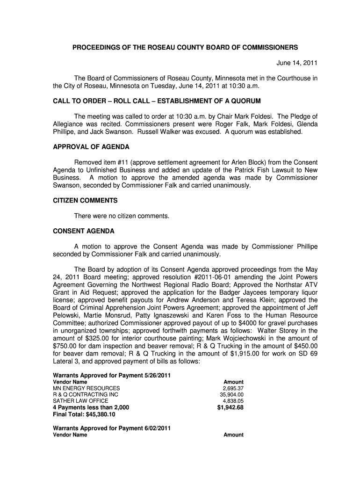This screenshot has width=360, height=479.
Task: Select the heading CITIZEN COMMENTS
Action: (x=85, y=200)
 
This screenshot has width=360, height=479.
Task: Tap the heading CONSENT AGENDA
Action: (x=84, y=231)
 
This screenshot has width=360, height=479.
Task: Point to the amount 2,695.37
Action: (x=233, y=388)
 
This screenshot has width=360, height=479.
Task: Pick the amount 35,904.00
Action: (x=231, y=395)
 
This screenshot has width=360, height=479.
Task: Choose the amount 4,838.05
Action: (x=233, y=401)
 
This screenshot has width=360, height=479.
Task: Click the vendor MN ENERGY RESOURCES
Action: (x=86, y=388)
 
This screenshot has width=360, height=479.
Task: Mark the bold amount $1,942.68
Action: (x=230, y=407)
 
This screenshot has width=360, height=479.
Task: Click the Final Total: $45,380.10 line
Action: (x=84, y=414)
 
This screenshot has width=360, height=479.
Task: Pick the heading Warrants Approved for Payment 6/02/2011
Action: (x=112, y=428)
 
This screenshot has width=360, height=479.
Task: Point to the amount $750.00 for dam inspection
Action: (x=66, y=346)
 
